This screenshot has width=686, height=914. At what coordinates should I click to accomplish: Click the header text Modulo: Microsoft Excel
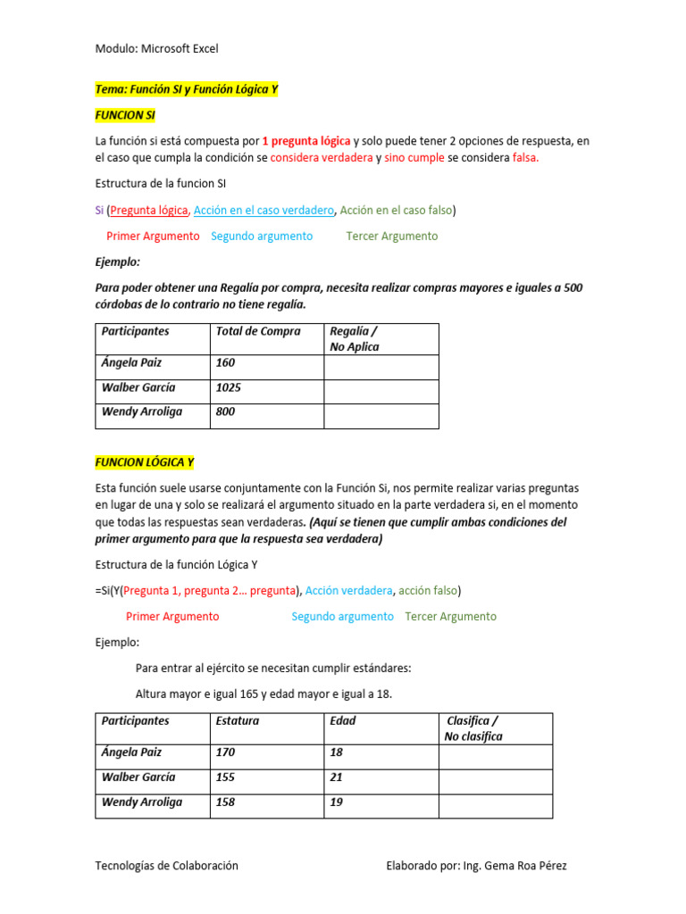pos(156,48)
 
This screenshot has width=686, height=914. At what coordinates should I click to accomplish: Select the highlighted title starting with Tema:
pos(187,89)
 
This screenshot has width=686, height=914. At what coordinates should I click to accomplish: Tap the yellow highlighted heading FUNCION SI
pos(125,115)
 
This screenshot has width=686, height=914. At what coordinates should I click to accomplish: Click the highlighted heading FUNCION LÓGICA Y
pos(145,462)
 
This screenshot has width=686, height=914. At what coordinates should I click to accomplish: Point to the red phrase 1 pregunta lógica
pos(306,141)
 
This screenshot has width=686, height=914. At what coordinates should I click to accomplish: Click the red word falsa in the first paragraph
pos(526,158)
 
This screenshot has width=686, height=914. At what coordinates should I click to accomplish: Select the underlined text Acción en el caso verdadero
pos(264,210)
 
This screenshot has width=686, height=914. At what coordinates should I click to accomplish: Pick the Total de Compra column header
pos(258,331)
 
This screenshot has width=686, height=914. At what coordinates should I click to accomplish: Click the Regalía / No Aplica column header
pos(355,339)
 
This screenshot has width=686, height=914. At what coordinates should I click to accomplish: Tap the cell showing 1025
pos(229,388)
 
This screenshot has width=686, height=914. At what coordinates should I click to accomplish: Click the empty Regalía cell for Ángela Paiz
pos(381,367)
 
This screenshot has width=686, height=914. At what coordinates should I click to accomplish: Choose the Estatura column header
pos(238,720)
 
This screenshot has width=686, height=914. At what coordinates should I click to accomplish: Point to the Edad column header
pos(343,720)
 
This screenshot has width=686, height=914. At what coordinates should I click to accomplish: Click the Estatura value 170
pos(226,752)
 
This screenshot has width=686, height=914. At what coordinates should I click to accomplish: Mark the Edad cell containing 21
pos(337,777)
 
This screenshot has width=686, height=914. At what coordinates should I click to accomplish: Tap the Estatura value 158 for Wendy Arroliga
pos(226,802)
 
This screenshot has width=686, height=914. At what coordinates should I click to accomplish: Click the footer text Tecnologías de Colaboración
pos(166,866)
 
